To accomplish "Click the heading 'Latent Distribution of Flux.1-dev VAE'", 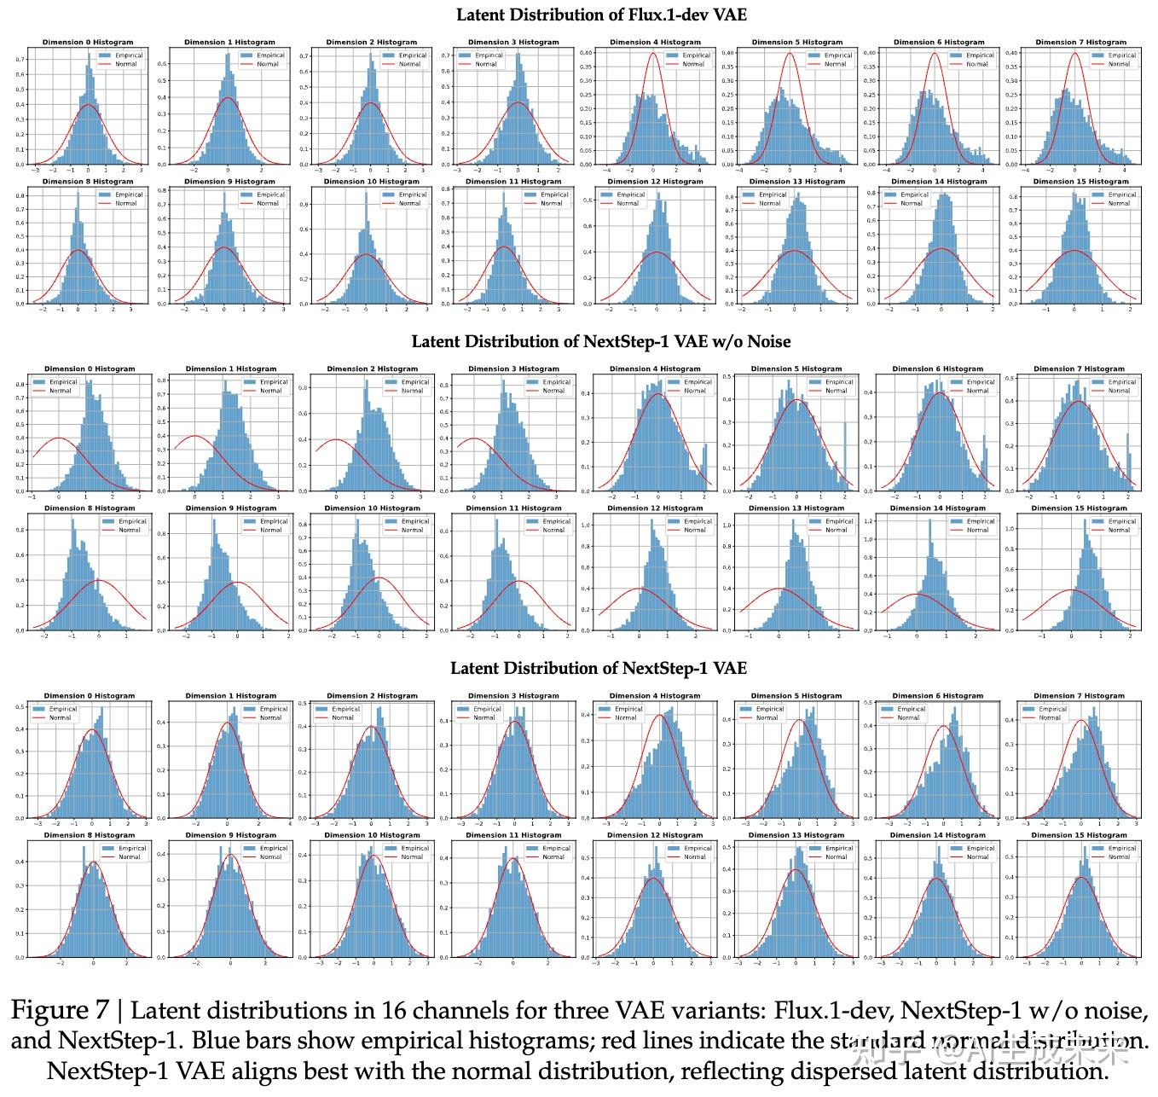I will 601,15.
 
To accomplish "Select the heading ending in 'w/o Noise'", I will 601,342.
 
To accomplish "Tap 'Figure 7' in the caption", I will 60,1011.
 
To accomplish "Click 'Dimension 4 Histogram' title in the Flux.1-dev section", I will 655,42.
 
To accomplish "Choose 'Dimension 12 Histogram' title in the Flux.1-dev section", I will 654,182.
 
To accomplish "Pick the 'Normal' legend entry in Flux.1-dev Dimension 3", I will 485,64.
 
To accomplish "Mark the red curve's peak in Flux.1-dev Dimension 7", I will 1075,53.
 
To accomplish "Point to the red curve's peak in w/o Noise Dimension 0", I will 59,438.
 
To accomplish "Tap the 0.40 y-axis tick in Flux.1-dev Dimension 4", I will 586,53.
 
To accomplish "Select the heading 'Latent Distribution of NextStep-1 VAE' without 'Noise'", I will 598,669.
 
